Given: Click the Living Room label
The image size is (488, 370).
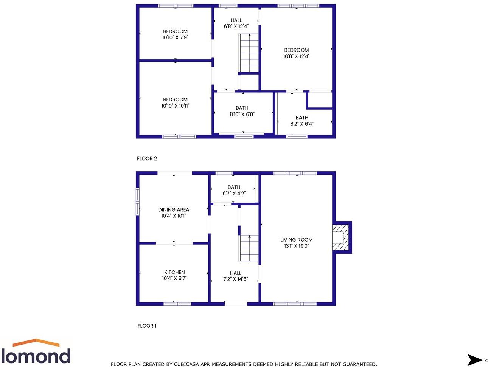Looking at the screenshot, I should click(x=296, y=240).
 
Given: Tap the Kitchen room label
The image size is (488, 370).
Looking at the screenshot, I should click(x=174, y=272).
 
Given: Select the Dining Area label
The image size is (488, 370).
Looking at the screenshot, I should click(x=174, y=210).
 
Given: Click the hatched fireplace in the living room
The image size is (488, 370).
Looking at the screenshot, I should click(x=340, y=237).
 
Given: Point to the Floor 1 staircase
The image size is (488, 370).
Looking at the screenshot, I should click(x=249, y=248).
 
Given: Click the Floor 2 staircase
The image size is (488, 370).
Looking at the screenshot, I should click(x=249, y=53).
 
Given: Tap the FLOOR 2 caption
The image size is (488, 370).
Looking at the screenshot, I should click(x=147, y=159).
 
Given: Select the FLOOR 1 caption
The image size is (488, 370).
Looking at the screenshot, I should click(x=147, y=326).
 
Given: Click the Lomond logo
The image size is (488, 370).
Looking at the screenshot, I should click(x=36, y=352).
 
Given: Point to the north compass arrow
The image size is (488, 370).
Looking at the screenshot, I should click(x=476, y=360).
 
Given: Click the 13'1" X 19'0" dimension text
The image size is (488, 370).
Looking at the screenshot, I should click(x=296, y=246).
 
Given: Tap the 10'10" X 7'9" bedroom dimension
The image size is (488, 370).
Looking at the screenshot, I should click(x=175, y=37).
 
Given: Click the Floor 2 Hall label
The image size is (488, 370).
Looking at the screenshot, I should click(x=236, y=20).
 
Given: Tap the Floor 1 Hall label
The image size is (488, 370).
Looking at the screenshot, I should click(x=235, y=273).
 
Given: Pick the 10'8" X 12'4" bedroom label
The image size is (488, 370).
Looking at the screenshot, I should click(x=296, y=53).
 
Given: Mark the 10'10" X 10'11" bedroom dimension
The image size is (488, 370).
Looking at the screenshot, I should click(x=175, y=106).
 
